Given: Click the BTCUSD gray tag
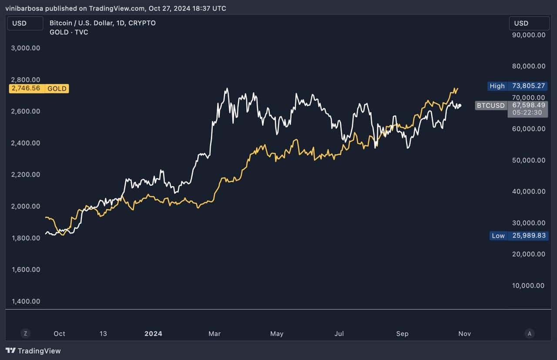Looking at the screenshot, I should pyautogui.click(x=490, y=105).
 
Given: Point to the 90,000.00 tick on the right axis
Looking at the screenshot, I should pyautogui.click(x=529, y=35).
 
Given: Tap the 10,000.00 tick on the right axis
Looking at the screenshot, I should pyautogui.click(x=529, y=286).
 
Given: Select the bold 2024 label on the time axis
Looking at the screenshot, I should pyautogui.click(x=153, y=333).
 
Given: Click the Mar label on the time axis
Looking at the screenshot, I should pyautogui.click(x=215, y=333).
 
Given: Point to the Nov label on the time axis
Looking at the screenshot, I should pyautogui.click(x=464, y=333).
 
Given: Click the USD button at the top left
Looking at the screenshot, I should pyautogui.click(x=25, y=23).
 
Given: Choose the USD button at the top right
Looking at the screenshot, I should pyautogui.click(x=529, y=23).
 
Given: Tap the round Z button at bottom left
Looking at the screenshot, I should pyautogui.click(x=26, y=333).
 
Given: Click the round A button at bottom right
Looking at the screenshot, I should pyautogui.click(x=529, y=333).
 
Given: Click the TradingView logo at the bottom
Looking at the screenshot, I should pyautogui.click(x=33, y=350).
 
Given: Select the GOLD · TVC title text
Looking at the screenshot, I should pyautogui.click(x=69, y=32).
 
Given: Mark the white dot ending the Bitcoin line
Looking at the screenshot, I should pyautogui.click(x=460, y=105).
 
